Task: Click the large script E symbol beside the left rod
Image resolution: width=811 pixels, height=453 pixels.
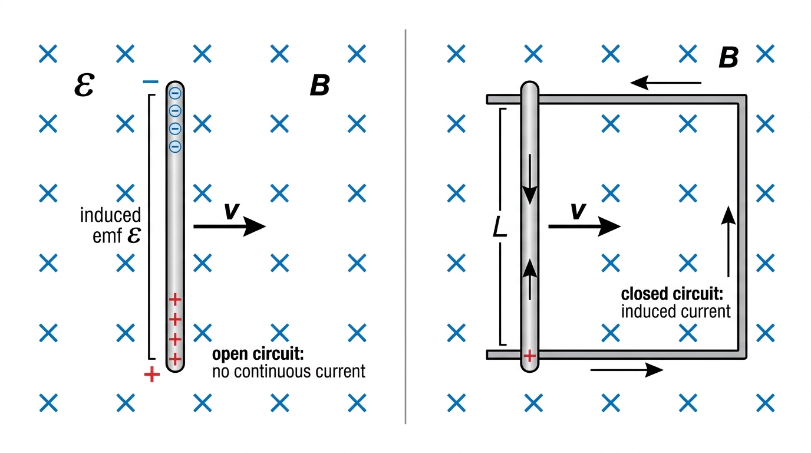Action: coord(84,85)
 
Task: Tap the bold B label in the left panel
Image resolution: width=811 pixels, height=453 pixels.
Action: coord(320,85)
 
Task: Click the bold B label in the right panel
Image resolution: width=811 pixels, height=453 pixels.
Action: coord(728,58)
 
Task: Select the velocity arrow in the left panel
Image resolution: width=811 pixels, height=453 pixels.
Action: coord(229,226)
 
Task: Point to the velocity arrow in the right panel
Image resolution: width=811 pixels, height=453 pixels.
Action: coord(584,226)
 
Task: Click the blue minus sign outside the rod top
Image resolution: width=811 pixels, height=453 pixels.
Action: coord(151,82)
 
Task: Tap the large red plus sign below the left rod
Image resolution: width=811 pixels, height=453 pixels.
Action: coord(152,375)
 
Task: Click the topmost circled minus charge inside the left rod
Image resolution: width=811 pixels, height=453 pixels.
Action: coord(175,94)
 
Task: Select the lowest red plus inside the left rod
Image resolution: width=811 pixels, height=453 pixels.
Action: coord(175,359)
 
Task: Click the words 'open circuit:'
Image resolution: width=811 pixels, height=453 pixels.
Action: coord(258,354)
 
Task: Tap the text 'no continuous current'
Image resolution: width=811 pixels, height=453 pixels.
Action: coord(289,372)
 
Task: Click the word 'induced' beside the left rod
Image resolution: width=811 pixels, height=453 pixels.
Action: coord(110,215)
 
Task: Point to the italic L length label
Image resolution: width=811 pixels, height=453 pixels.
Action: coord(500,228)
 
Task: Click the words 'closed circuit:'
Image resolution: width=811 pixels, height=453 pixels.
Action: coord(672,294)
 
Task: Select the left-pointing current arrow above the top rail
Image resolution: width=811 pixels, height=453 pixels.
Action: coord(666,83)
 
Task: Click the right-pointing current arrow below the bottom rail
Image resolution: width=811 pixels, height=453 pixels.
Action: coord(627,370)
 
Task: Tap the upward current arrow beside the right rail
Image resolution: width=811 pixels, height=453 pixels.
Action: coord(728,241)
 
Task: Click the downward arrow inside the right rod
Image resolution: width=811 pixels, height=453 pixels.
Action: coord(530,179)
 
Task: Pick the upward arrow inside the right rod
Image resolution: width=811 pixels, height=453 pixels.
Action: coord(530,280)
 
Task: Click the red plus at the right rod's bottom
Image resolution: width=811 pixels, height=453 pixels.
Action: coord(530,356)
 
